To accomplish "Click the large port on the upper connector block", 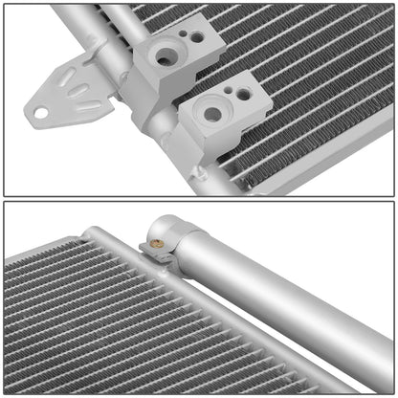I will (166, 56).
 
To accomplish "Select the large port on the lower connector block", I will (212, 115).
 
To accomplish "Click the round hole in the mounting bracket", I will (40, 113).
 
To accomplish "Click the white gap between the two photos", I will (199, 198).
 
